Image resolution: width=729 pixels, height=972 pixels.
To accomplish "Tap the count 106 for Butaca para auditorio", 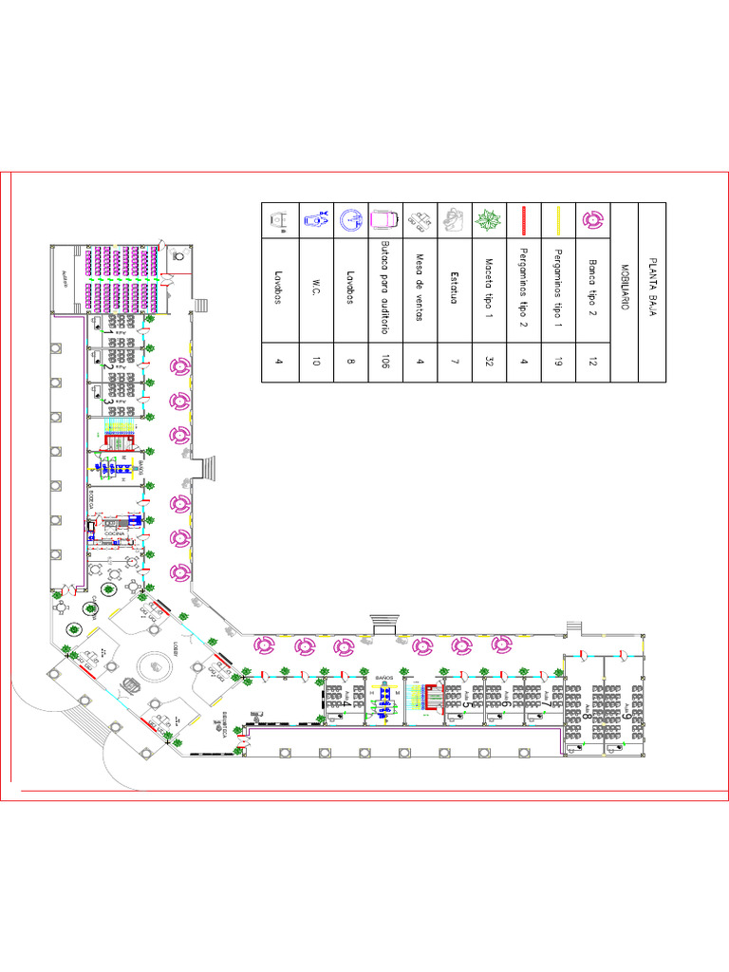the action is coord(385,362).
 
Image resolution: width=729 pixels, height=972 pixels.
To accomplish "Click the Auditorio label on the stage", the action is coord(65,276).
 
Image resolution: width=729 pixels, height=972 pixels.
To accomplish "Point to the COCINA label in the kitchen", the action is coord(115,534).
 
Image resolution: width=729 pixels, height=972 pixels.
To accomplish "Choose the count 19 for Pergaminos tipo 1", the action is coord(558,362).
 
